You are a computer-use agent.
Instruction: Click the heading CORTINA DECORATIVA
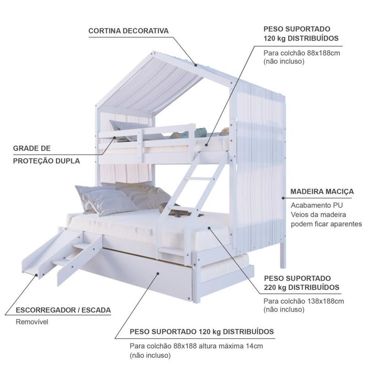[x=129, y=31]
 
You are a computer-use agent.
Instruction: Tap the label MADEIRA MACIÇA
[x=322, y=192]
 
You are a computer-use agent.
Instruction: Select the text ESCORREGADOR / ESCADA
[x=63, y=310]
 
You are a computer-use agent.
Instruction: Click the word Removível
[x=32, y=322]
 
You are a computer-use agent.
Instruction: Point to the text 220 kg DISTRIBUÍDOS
[x=301, y=287]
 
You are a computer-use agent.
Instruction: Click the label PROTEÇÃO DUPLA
[x=47, y=161]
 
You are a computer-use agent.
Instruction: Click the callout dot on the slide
[x=37, y=275]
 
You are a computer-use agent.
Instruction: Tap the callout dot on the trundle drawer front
[x=158, y=273]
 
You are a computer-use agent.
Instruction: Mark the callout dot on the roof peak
[x=196, y=65]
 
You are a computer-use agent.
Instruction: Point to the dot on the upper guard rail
[x=115, y=138]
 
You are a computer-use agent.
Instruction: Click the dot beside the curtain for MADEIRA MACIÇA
[x=283, y=198]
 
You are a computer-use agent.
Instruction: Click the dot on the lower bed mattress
[x=209, y=228]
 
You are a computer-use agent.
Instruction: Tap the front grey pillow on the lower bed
[x=110, y=201]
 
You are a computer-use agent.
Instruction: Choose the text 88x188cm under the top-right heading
[x=323, y=53]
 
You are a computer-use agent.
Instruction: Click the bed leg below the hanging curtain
[x=283, y=255]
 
